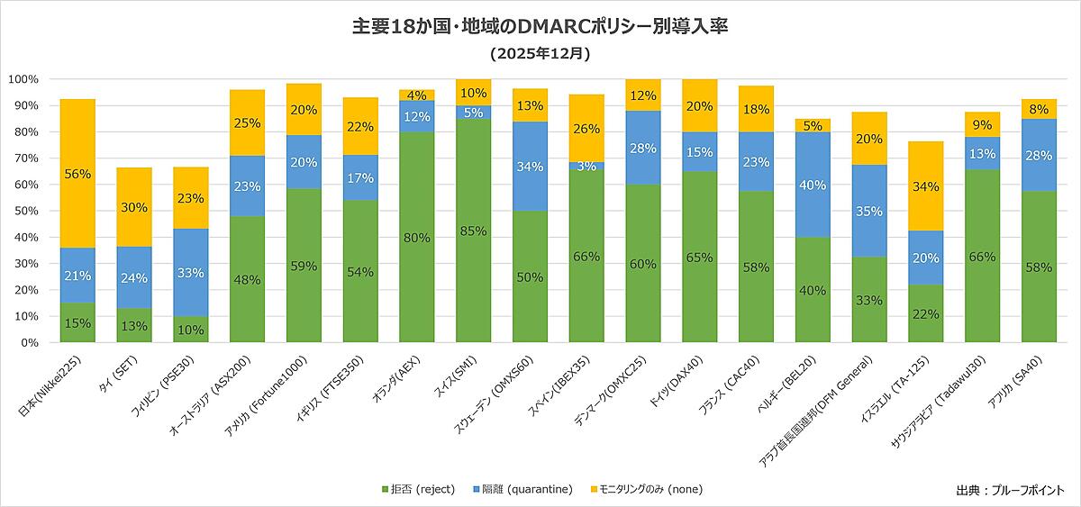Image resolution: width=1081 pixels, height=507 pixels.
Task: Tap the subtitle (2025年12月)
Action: (x=540, y=54)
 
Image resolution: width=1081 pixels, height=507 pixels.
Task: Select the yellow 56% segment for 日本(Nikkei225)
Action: (x=77, y=174)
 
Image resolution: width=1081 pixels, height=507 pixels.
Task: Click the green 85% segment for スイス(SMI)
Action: (x=473, y=231)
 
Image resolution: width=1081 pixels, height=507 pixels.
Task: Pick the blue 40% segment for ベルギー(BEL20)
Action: (x=813, y=186)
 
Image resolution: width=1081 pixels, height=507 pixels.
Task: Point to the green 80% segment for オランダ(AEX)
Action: (x=417, y=238)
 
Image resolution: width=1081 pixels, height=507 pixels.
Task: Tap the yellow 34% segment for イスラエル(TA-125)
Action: (x=925, y=186)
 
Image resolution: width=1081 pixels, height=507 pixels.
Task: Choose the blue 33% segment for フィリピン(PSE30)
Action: (x=191, y=272)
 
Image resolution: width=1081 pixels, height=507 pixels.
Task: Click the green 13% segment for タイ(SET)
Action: (x=134, y=326)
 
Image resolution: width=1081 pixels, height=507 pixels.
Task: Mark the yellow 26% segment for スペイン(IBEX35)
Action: (x=586, y=128)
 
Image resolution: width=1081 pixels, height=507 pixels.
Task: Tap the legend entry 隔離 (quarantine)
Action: (x=522, y=489)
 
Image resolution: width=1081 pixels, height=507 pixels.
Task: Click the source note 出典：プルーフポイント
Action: (x=1010, y=490)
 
